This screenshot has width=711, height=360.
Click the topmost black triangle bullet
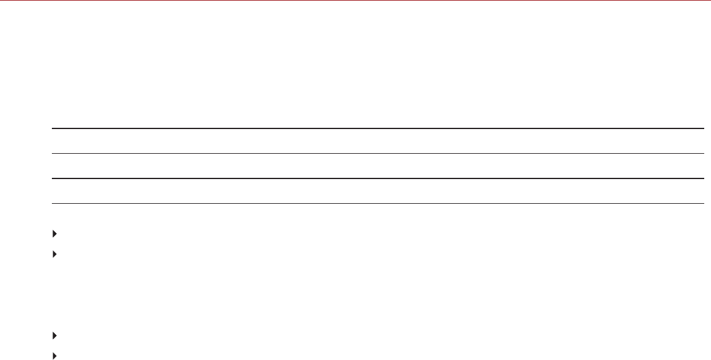click(x=54, y=234)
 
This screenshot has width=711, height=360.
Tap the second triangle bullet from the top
click(x=54, y=253)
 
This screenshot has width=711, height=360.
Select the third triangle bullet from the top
click(x=54, y=336)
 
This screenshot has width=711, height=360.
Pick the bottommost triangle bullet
click(x=54, y=355)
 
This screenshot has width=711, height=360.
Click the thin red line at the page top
click(x=355, y=1)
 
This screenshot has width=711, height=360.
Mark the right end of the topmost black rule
click(x=703, y=128)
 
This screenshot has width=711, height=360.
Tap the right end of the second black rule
click(x=703, y=153)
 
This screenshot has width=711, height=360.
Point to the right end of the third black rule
click(x=703, y=178)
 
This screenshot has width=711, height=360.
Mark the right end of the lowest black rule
click(x=703, y=203)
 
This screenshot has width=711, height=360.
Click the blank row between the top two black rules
click(x=378, y=141)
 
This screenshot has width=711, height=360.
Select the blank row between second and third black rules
click(x=378, y=166)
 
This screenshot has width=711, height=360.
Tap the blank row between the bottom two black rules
click(x=378, y=191)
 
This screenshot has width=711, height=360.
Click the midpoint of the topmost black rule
click(x=378, y=128)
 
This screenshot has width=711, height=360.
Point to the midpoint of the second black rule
click(x=378, y=153)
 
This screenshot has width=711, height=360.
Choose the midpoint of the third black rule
click(x=378, y=178)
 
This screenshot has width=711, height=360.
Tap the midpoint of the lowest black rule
click(x=378, y=203)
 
